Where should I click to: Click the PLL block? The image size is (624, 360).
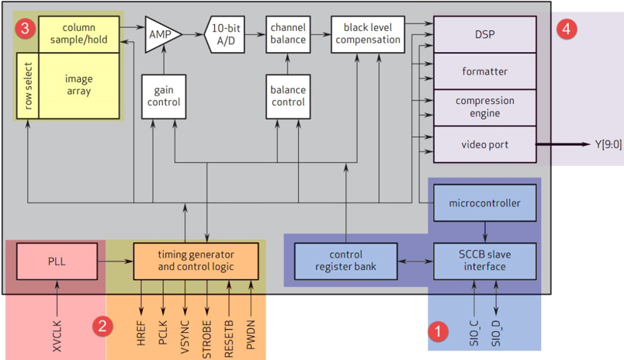(x=57, y=261)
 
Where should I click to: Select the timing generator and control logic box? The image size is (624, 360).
(x=195, y=261)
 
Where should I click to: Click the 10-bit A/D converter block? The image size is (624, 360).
(x=227, y=34)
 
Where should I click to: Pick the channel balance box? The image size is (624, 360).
(x=288, y=34)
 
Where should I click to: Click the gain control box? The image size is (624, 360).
(x=162, y=95)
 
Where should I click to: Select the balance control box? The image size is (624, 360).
(x=288, y=95)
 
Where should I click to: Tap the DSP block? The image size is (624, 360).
(x=484, y=35)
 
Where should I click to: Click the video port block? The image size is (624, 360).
(x=484, y=144)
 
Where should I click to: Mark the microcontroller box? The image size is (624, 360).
(x=484, y=203)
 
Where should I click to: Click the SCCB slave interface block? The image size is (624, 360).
(x=484, y=261)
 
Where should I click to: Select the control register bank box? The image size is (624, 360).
(x=345, y=261)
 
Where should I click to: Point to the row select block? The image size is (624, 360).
(x=28, y=85)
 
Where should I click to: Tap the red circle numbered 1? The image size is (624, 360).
(x=439, y=331)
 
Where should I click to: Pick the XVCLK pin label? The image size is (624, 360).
(x=57, y=331)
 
